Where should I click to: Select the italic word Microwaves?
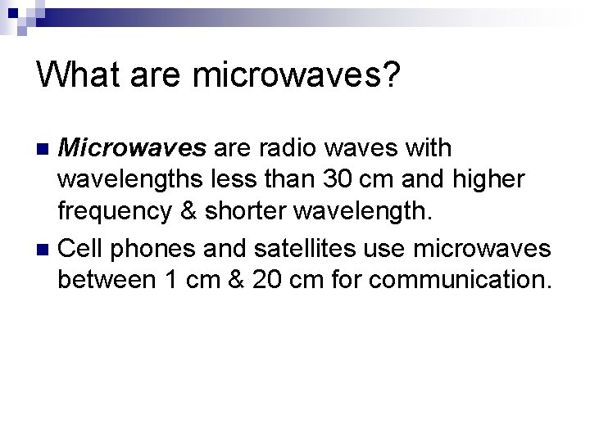click(135, 148)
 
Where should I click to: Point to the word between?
click(107, 280)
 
